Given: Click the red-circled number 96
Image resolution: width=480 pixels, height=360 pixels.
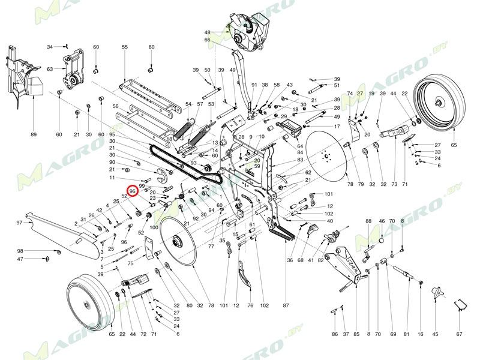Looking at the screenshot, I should click(133, 190).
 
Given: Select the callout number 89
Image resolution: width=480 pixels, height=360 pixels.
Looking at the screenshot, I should click(34, 134).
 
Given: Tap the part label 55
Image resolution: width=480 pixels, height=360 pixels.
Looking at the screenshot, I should click(125, 47).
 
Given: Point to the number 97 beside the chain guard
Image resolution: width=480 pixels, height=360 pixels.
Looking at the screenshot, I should click(19, 223).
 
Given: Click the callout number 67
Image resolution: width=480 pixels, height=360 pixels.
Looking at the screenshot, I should click(460, 334).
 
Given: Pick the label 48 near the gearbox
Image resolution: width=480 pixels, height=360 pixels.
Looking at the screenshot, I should click(208, 32).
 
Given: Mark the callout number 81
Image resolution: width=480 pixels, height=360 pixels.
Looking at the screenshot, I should click(406, 334).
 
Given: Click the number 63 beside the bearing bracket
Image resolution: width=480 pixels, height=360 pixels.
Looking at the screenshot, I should click(50, 69).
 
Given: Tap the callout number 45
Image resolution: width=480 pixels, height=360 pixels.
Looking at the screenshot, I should click(436, 334).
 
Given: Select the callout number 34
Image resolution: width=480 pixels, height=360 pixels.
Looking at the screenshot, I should click(50, 46).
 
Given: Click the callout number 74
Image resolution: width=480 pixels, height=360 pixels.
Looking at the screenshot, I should click(350, 94).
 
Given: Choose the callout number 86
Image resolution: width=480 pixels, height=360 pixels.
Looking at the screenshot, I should click(335, 334).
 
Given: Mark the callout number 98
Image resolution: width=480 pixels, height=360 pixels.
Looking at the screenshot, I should click(20, 251).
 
